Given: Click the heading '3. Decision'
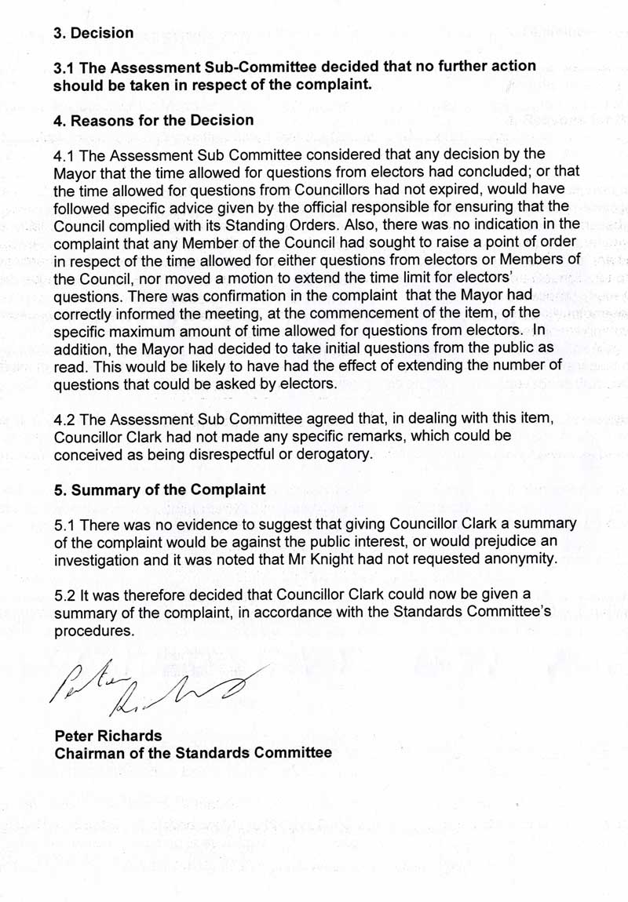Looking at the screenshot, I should click(93, 33).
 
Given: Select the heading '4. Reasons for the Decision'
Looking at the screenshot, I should click(153, 120).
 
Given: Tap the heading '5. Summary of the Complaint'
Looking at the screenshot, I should click(159, 489).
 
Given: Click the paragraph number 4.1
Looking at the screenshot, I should click(66, 155).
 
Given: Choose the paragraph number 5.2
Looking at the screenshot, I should click(66, 595).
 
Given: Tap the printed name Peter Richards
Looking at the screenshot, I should click(108, 736).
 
